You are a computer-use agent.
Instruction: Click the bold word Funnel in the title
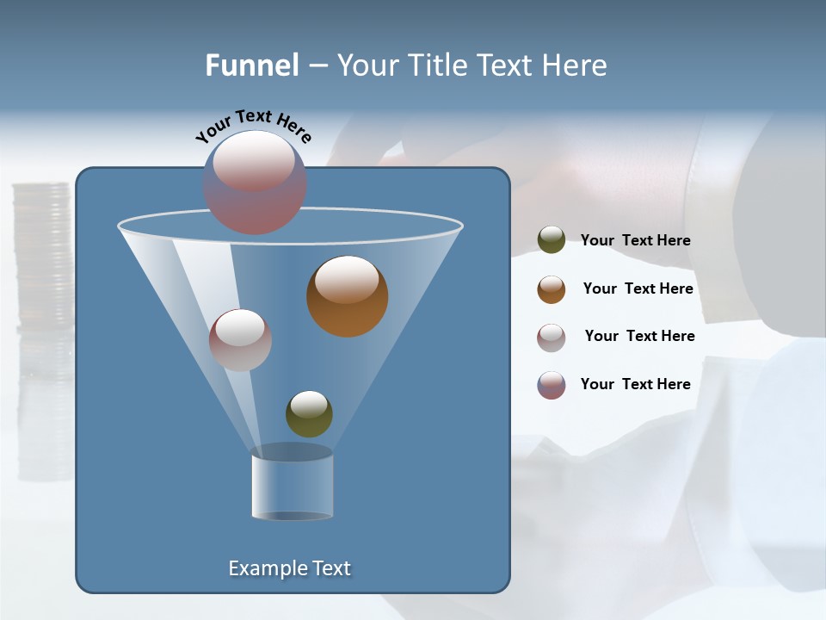pos(252,65)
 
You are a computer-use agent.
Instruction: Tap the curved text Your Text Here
pos(253,125)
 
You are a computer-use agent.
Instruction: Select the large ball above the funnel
pos(255,183)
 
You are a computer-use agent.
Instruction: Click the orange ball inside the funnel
pos(348,296)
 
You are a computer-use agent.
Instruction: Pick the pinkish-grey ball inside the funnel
pos(240,340)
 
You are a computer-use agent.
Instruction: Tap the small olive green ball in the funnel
pos(309,413)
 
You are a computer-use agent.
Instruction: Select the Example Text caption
pos(290,568)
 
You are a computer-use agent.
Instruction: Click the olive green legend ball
pos(552,240)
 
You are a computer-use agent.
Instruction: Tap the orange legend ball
pos(552,289)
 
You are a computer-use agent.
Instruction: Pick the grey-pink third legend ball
pos(552,337)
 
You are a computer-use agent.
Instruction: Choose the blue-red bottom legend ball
pos(552,385)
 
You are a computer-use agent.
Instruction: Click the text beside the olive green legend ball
pos(635,240)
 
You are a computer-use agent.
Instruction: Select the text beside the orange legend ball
pos(638,288)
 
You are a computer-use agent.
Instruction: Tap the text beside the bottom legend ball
pos(635,384)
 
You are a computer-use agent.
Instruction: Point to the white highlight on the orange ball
pos(347,279)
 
